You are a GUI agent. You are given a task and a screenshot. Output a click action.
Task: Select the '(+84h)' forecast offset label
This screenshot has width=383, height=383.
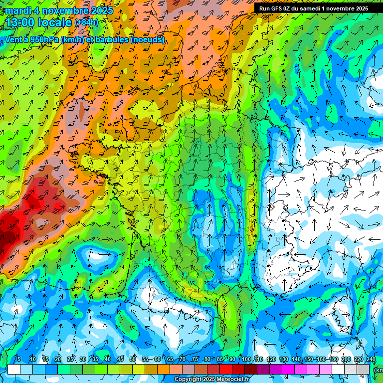pos(86,22)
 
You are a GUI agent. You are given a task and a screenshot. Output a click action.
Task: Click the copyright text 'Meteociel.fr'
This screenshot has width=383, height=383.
pos(229,380)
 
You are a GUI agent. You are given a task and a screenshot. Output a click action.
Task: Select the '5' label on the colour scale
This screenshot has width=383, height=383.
pos(19,359)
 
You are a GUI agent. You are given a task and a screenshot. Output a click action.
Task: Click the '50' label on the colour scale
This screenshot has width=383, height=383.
pos(133,359)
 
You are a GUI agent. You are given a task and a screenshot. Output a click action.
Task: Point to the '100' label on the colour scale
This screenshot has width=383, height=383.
pos(246,359)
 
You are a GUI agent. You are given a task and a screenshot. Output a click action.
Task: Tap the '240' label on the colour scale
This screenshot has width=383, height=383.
pos(371,359)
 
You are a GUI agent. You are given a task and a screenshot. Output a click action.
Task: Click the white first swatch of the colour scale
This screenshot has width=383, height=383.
pos(13,369)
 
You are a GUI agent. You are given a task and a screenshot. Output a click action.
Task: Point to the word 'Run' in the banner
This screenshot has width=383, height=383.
pos(264,8)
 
